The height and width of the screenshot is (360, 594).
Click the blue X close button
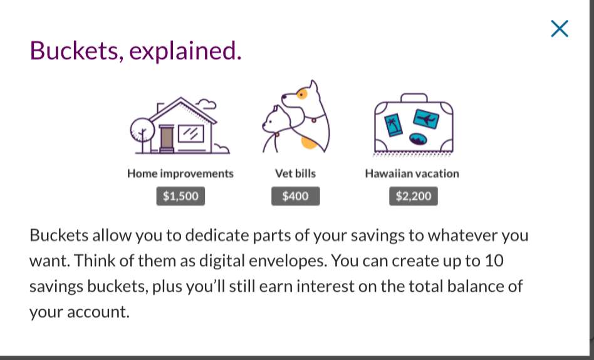point(560,29)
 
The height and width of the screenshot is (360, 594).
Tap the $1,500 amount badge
point(180,196)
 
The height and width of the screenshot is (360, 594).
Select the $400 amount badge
point(296,196)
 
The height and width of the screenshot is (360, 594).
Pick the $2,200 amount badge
point(414,196)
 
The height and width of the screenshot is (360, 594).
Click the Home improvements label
point(180,173)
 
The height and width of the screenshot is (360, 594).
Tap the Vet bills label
point(296,173)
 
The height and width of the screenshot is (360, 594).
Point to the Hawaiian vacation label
point(412,173)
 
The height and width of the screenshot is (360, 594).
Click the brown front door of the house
point(167,138)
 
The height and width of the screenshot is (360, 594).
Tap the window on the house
point(191,133)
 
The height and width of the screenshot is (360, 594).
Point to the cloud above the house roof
point(207,104)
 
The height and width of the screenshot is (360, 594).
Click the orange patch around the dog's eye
point(302,93)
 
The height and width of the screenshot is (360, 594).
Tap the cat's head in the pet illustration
point(273,120)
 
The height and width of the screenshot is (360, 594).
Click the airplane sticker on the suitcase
point(426,119)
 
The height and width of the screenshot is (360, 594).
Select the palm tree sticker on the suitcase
point(393,125)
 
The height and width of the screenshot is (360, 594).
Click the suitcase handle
point(414,98)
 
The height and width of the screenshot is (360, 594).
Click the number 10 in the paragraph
point(494,260)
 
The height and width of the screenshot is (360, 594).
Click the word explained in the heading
point(185,51)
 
